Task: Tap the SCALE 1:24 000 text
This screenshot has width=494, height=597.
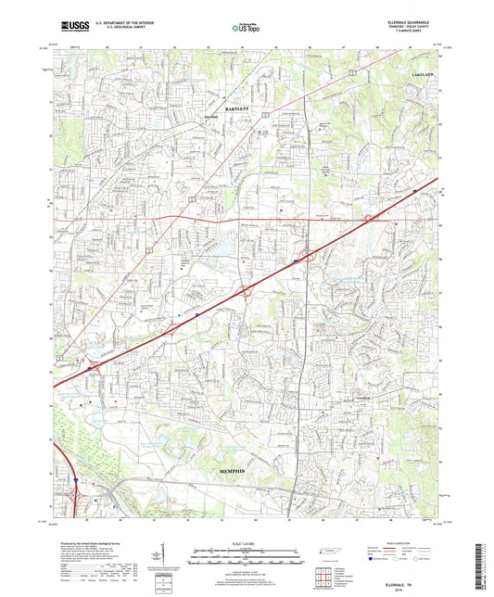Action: coord(247,542)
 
